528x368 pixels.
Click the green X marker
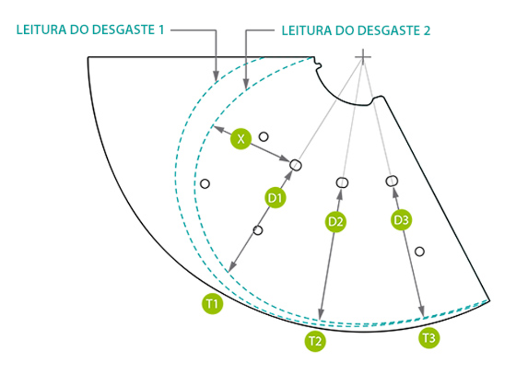[x=241, y=138]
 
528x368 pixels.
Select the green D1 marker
[x=275, y=198]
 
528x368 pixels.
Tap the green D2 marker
[x=336, y=222]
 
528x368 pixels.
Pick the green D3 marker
[x=401, y=220]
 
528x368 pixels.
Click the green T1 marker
[x=212, y=304]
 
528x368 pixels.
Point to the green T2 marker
[x=315, y=341]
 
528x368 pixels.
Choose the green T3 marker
[x=429, y=338]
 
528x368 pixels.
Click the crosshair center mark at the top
[x=363, y=57]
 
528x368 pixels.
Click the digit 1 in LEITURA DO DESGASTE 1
[x=161, y=30]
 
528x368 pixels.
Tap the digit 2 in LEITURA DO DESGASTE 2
[x=427, y=31]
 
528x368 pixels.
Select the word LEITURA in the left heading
[x=41, y=30]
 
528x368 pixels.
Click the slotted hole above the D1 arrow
[x=296, y=165]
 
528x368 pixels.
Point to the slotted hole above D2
[x=342, y=182]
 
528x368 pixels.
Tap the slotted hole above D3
[x=392, y=181]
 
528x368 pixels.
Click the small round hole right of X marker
[x=263, y=137]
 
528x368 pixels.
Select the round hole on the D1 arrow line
[x=258, y=230]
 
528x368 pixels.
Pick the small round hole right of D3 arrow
[x=420, y=251]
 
